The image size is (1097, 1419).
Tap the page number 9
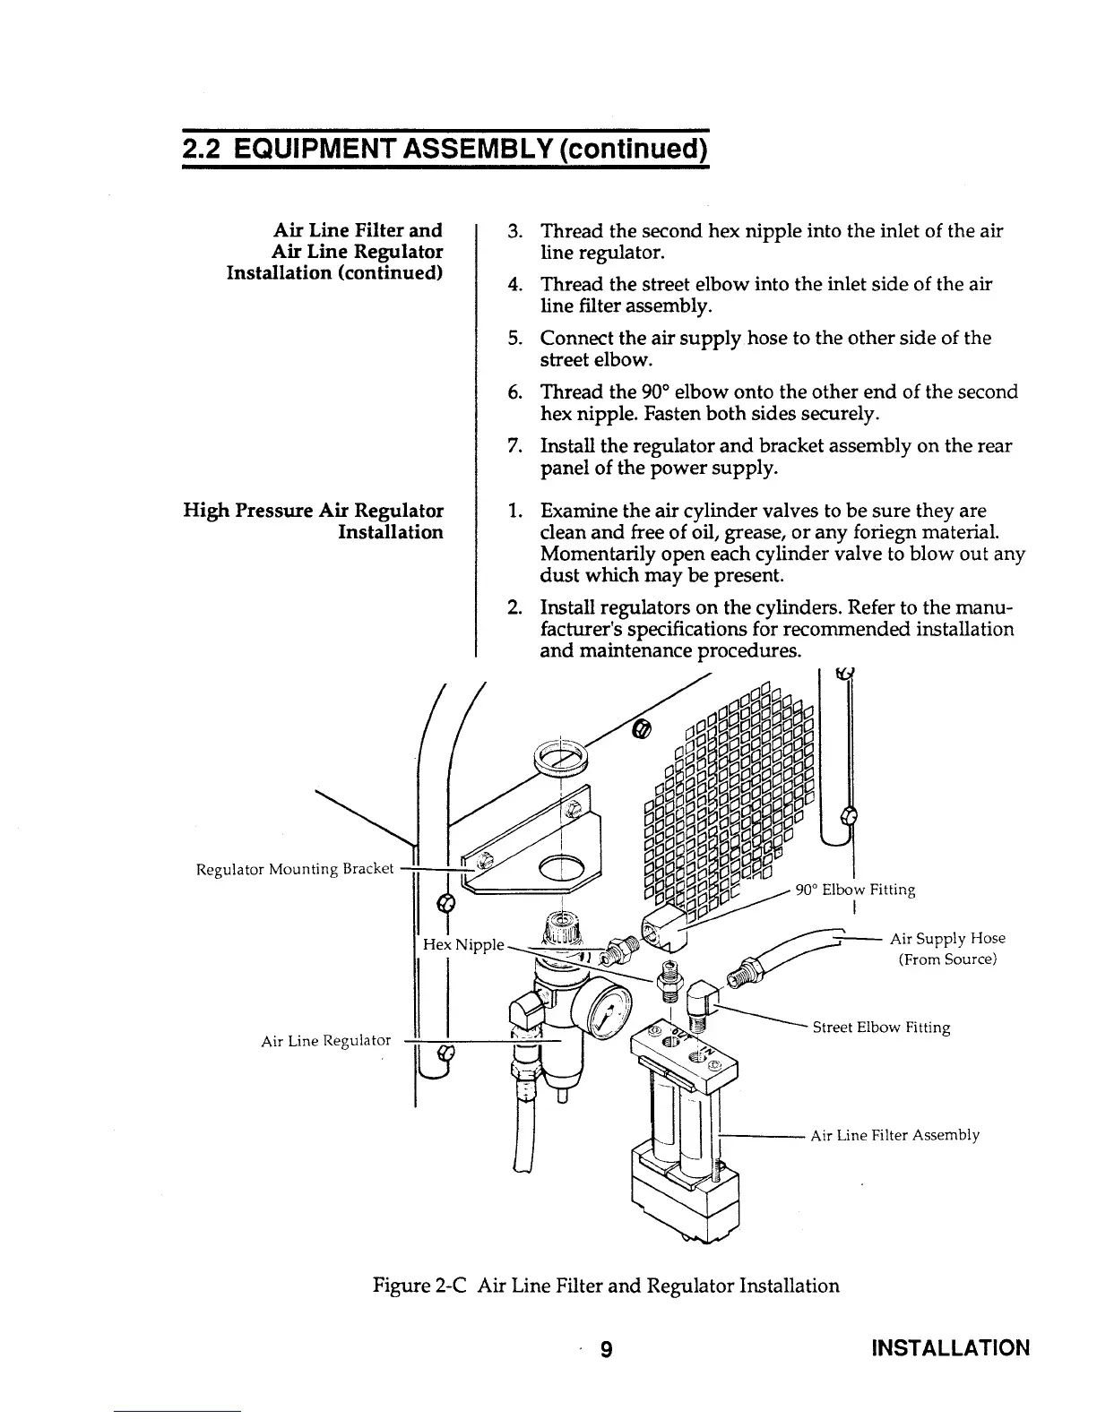click(x=607, y=1349)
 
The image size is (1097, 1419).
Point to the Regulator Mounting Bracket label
click(x=295, y=869)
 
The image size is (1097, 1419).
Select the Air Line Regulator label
click(x=325, y=1040)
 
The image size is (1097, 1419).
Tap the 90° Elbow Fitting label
click(x=855, y=890)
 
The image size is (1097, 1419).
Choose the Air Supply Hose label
click(x=946, y=938)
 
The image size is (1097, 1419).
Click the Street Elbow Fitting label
click(x=880, y=1028)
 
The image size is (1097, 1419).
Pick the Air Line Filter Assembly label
click(x=894, y=1135)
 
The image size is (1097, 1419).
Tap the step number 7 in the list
click(x=514, y=446)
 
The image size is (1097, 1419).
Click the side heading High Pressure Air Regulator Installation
click(x=313, y=521)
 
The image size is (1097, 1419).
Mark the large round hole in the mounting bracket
click(x=562, y=867)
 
